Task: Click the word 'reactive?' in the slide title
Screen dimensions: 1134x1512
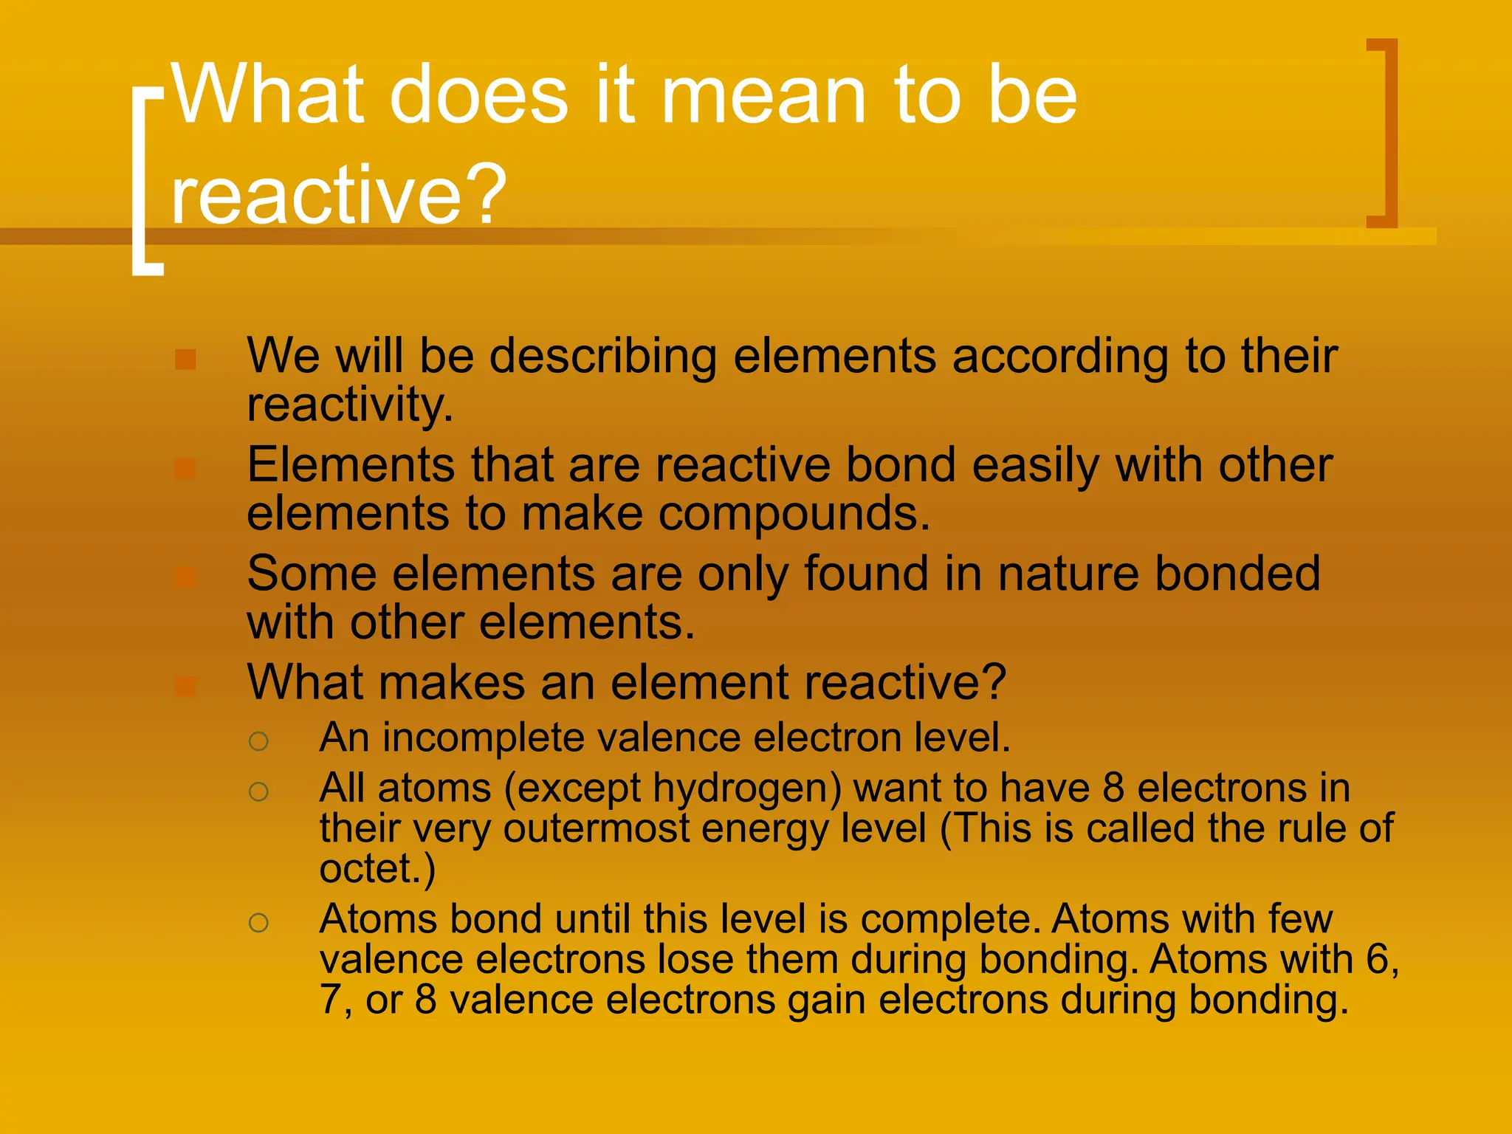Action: click(x=338, y=194)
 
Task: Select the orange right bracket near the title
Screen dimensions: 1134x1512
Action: click(x=1387, y=133)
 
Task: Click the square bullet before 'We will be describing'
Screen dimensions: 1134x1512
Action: click(x=185, y=360)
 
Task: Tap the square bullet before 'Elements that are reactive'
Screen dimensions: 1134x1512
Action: click(x=185, y=469)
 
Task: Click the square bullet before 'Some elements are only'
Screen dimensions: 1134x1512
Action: click(x=185, y=577)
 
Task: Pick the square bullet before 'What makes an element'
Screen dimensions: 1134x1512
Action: click(x=185, y=687)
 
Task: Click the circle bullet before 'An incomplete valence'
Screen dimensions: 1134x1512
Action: click(x=258, y=741)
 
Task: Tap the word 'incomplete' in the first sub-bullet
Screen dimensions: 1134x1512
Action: click(x=483, y=738)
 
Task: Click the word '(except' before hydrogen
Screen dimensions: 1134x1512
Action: click(x=572, y=788)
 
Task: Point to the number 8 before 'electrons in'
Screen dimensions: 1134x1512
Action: click(x=1113, y=788)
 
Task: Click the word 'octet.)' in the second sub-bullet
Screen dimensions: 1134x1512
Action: click(x=377, y=868)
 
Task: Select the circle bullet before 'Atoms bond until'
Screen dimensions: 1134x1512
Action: click(x=258, y=922)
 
